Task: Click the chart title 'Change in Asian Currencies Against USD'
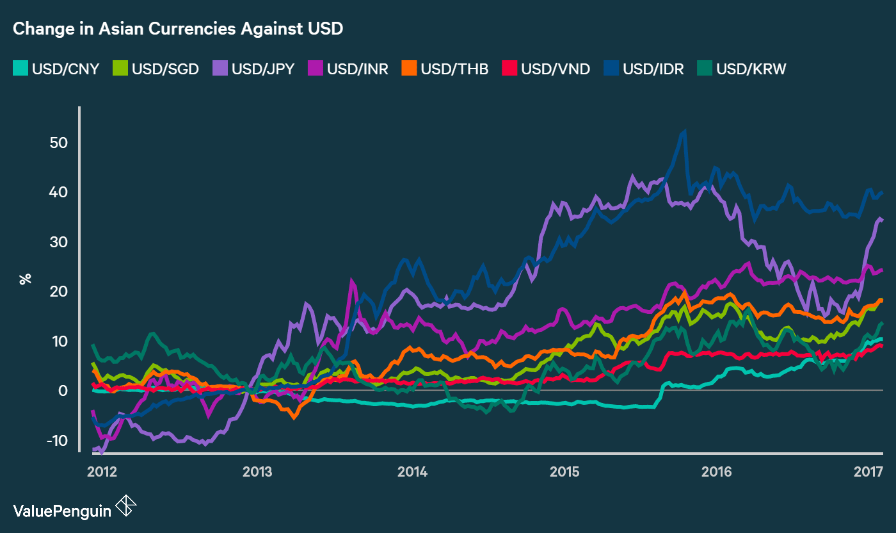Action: pyautogui.click(x=178, y=29)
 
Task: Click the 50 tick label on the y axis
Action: pyautogui.click(x=59, y=142)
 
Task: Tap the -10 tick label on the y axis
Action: pyautogui.click(x=57, y=441)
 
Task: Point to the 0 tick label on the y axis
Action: pyautogui.click(x=63, y=391)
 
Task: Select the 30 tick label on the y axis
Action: pyautogui.click(x=59, y=242)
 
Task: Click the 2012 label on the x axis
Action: pyautogui.click(x=102, y=473)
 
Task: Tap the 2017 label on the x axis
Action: pyautogui.click(x=868, y=473)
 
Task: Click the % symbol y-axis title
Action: pyautogui.click(x=26, y=279)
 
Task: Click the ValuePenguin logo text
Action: pyautogui.click(x=62, y=510)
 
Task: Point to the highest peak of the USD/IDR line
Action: pyautogui.click(x=685, y=132)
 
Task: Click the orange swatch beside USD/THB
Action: pyautogui.click(x=410, y=69)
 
